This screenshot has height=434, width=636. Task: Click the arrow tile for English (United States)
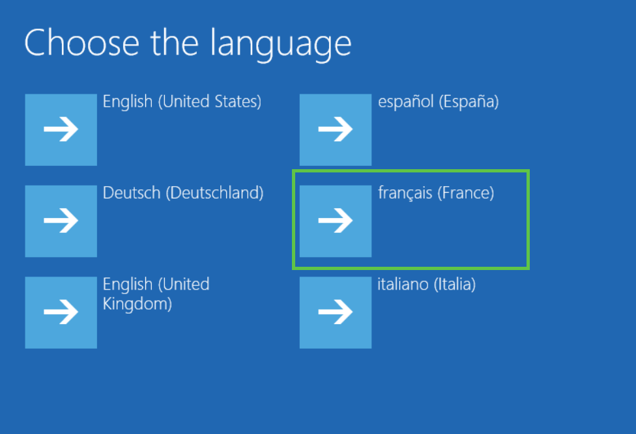[x=61, y=129]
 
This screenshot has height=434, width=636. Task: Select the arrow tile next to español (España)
[x=336, y=129]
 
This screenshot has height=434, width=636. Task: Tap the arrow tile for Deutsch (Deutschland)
[x=61, y=221]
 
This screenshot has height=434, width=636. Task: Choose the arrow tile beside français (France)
[x=336, y=221]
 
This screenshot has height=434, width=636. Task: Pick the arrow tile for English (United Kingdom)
[x=61, y=312]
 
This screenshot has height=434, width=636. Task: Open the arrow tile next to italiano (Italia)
[x=336, y=312]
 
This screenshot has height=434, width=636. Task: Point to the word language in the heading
[x=281, y=44]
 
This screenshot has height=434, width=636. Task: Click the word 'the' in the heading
[x=175, y=42]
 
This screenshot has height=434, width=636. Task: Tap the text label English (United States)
[x=182, y=102]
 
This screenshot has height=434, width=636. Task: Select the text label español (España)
[x=438, y=102]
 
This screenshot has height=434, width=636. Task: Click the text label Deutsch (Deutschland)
[x=183, y=193]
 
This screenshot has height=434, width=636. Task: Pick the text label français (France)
[x=436, y=193]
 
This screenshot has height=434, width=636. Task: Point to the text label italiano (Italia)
[x=427, y=284]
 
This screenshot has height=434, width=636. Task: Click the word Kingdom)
[x=137, y=304]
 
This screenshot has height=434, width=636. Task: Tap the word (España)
[x=469, y=102]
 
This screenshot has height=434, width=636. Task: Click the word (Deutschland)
[x=214, y=193]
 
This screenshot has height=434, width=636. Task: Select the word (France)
[x=466, y=193]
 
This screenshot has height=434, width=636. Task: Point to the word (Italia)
[x=455, y=284]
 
